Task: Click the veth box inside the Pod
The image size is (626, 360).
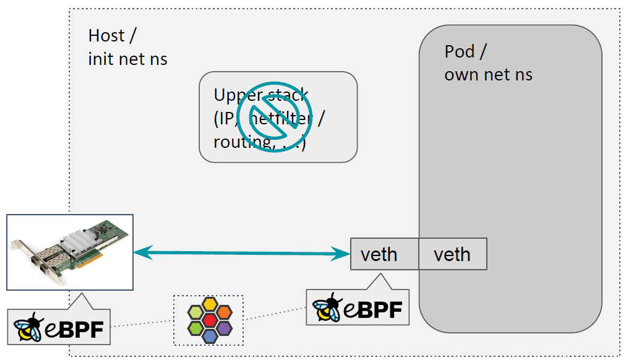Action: click(x=452, y=254)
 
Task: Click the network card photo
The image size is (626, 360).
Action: click(x=70, y=252)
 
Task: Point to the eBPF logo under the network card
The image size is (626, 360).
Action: click(x=59, y=326)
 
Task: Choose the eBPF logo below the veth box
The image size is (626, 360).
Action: click(x=358, y=307)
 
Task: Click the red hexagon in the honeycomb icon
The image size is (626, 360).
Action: click(x=210, y=319)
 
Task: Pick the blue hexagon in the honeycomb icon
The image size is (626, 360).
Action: click(x=210, y=335)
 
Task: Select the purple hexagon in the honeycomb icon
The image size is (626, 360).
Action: click(x=223, y=327)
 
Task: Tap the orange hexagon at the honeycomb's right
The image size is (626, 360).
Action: click(x=223, y=312)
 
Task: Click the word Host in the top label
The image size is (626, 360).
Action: click(x=106, y=35)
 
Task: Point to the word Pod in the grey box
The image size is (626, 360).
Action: click(x=460, y=51)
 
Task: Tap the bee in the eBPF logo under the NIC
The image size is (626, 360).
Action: click(x=28, y=327)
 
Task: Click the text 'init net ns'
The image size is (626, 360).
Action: click(x=128, y=59)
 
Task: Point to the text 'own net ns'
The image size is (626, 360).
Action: click(x=489, y=75)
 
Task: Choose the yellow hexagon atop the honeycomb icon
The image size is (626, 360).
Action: click(x=210, y=304)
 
